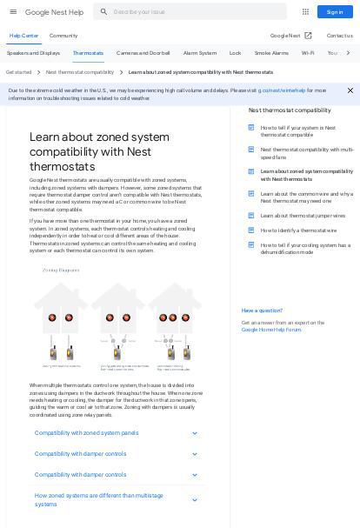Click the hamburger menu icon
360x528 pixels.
tap(13, 12)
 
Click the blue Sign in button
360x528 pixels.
tap(335, 12)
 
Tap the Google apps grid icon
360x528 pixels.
tap(305, 12)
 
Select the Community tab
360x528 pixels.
tap(63, 36)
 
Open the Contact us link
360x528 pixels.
tap(339, 36)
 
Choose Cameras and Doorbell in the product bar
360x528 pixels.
tap(143, 53)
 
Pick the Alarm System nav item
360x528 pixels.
tap(200, 53)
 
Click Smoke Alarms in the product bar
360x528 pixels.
tap(271, 53)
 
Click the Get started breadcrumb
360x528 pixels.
tap(18, 72)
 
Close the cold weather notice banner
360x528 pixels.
tap(350, 90)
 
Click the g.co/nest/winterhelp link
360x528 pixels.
tap(282, 90)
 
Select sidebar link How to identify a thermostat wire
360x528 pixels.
tap(298, 231)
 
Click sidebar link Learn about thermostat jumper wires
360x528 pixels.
tap(303, 216)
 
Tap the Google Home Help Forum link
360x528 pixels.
tap(271, 330)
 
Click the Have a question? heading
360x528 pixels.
tap(262, 311)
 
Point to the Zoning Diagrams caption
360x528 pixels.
tap(61, 271)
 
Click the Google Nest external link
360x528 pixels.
tap(291, 36)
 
